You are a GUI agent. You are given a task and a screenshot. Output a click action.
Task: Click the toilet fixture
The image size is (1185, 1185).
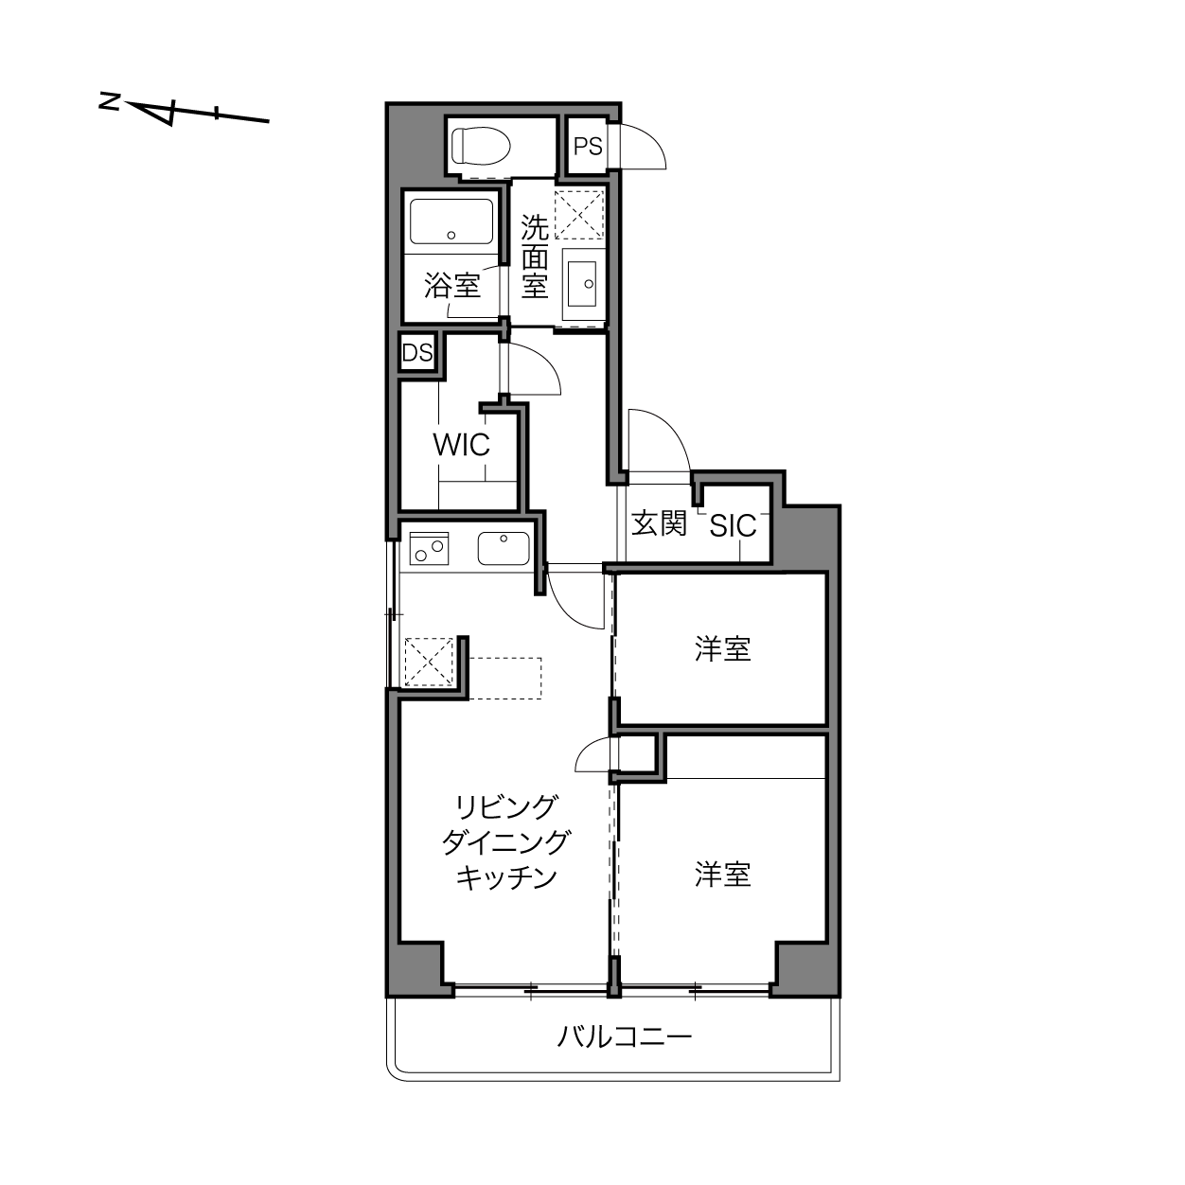(481, 146)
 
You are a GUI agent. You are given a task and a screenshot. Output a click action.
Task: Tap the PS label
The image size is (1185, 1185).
(588, 147)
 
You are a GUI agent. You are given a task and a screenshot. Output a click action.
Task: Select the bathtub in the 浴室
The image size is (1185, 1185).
(451, 221)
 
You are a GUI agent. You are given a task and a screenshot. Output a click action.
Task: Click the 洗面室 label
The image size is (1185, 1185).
(535, 256)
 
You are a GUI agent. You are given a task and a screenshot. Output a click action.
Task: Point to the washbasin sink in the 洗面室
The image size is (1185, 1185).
(581, 284)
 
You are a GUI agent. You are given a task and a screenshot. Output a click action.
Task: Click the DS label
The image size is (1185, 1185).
(417, 353)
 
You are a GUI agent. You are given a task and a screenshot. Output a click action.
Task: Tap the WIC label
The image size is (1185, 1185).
(461, 445)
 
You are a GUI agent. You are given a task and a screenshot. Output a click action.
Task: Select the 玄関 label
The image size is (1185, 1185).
(659, 523)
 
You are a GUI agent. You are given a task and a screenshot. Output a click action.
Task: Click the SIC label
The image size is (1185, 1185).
(733, 526)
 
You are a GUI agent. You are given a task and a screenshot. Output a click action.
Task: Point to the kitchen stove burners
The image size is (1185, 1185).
(429, 548)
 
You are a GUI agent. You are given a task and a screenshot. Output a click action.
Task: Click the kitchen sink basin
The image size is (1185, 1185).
(504, 549)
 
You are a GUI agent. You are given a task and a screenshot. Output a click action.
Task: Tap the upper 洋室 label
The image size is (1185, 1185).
(722, 649)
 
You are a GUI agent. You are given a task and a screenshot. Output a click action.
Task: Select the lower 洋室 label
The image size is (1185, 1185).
(722, 875)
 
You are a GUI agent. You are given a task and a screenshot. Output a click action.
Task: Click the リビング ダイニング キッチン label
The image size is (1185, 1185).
(505, 842)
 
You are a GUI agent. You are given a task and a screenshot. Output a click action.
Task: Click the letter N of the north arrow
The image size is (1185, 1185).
(110, 101)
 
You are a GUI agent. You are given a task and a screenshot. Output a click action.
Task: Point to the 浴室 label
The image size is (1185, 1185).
(452, 285)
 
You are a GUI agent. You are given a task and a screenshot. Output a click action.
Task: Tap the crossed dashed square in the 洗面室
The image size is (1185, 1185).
(578, 215)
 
